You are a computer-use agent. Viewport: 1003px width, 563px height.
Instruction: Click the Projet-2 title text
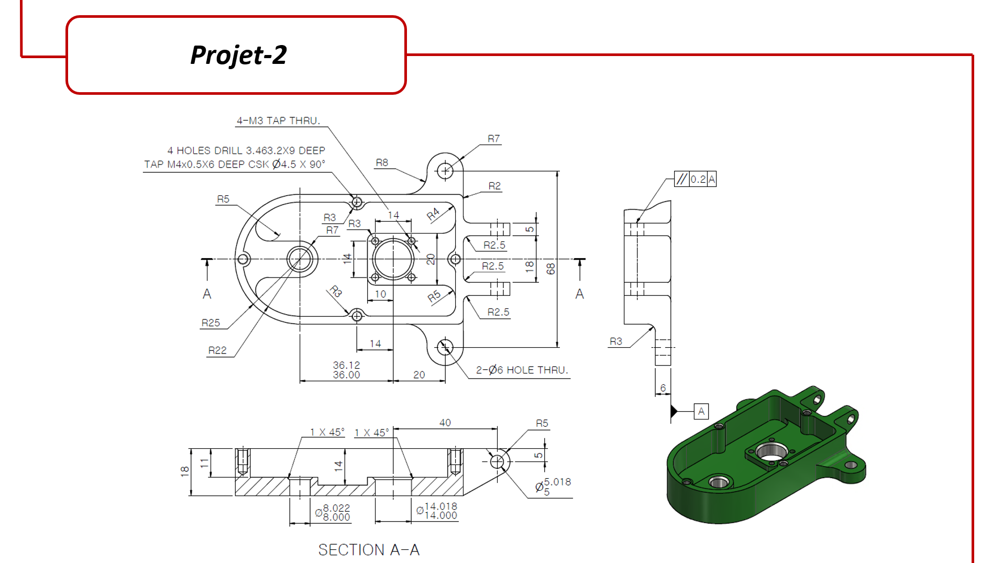click(238, 55)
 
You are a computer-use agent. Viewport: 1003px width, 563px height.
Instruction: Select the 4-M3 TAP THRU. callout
click(278, 120)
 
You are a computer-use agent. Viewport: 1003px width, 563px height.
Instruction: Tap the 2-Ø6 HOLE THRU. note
click(522, 370)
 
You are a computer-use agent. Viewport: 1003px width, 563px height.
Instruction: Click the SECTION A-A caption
click(369, 549)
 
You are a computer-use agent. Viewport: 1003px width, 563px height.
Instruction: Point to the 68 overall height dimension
click(550, 269)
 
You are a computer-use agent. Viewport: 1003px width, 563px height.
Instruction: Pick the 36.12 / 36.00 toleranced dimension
click(346, 370)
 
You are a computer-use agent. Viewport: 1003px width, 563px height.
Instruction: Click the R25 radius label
click(211, 323)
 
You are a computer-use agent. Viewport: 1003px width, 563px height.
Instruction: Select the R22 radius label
click(217, 350)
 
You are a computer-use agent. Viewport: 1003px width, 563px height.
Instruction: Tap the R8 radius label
click(382, 163)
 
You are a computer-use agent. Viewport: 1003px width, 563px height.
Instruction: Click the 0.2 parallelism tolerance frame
click(695, 179)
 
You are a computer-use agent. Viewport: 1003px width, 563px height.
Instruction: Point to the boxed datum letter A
click(701, 412)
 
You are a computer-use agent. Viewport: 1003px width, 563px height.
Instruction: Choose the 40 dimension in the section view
click(445, 423)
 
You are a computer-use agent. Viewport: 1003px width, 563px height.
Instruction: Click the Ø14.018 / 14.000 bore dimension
click(437, 511)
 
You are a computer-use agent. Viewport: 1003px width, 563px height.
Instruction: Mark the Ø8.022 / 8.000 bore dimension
click(333, 512)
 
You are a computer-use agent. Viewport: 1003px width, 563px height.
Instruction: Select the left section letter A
click(207, 294)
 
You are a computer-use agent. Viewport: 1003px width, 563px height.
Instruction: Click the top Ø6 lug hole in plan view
click(445, 171)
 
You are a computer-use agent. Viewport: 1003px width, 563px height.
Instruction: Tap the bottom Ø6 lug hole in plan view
click(445, 347)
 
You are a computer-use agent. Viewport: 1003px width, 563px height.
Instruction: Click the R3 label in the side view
click(616, 341)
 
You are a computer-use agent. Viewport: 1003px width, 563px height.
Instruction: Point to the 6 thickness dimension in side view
click(663, 388)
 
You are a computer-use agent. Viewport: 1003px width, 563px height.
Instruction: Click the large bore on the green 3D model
click(771, 451)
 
